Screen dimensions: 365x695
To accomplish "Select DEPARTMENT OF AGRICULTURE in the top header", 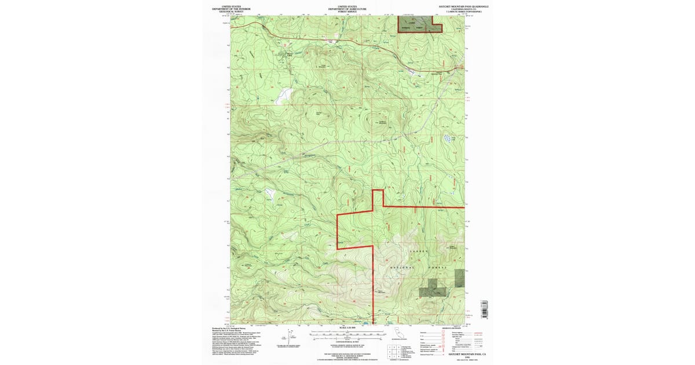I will tap(348, 9).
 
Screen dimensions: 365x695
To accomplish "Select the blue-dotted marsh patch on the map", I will tap(448, 138).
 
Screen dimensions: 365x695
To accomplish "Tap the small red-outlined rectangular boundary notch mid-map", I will tap(378, 198).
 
